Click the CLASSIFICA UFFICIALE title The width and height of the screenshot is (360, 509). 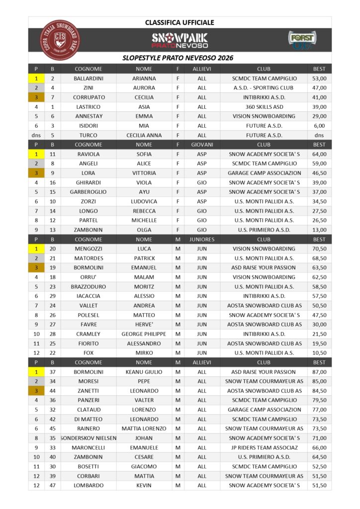point(180,22)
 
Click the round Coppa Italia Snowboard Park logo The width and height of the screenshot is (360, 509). point(60,40)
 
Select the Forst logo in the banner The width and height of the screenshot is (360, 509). point(302,40)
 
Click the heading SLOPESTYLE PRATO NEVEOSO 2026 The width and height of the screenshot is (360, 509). point(178,58)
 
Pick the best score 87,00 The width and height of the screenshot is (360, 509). point(319,372)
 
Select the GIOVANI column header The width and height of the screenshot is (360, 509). point(202,145)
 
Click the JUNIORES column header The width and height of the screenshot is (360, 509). point(202,239)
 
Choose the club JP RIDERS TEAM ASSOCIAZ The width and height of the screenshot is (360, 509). point(264,447)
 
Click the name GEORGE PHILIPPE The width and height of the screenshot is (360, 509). point(144,334)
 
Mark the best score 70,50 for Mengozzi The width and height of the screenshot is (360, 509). point(319,249)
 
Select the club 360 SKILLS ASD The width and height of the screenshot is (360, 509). point(264,107)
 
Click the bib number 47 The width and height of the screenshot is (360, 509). point(52,485)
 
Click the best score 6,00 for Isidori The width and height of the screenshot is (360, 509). point(319,126)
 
